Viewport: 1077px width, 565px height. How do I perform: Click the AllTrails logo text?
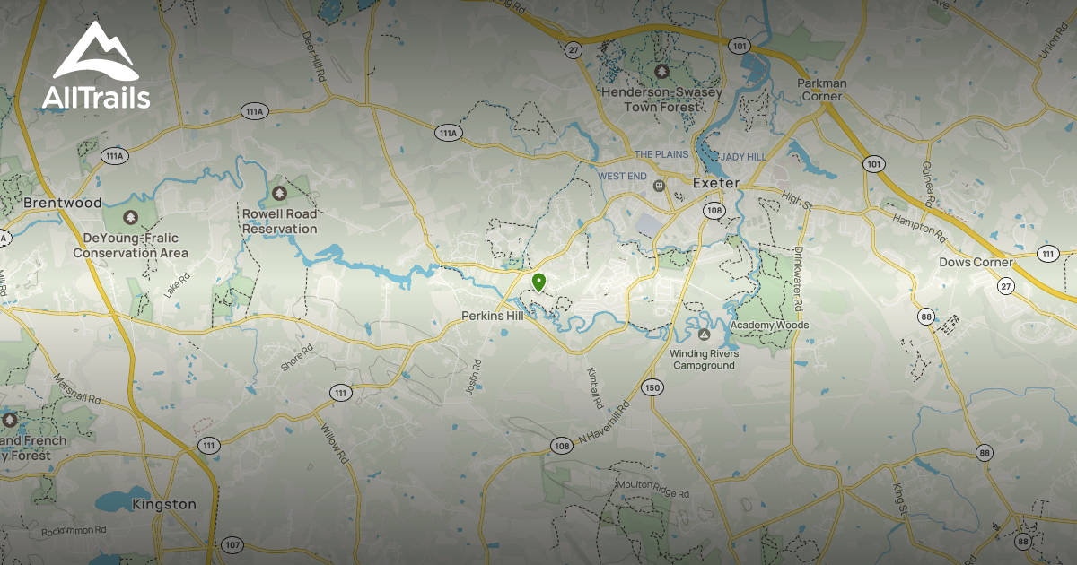96,96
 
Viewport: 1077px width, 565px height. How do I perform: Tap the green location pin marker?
538,282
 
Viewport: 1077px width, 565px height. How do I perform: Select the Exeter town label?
715,183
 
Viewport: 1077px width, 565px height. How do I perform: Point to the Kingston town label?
163,504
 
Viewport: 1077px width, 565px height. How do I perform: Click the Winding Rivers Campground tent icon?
704,335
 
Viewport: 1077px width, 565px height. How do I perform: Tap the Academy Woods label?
769,325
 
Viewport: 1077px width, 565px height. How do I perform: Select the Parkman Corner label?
821,90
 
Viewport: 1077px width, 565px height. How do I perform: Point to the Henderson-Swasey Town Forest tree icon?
662,71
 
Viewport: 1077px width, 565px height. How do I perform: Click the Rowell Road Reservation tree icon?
278,193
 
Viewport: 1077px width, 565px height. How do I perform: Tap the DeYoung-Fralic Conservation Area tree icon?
130,218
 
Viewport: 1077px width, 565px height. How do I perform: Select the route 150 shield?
652,387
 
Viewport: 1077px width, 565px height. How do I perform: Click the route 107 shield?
232,544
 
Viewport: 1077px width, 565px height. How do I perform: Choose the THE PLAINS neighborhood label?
661,154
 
